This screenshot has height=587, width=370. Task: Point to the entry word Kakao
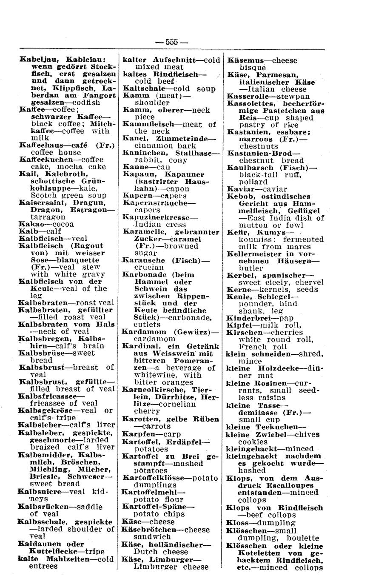pos(31,224)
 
